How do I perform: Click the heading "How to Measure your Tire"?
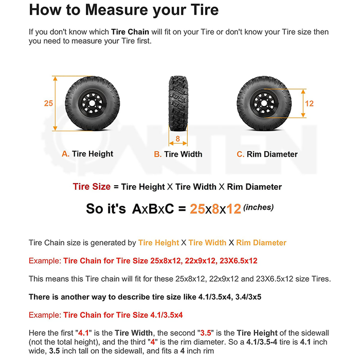tap(123, 10)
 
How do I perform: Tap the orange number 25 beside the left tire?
tap(48, 103)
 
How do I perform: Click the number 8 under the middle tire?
tap(177, 138)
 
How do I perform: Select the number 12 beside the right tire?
tap(309, 103)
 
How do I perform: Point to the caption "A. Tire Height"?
tap(87, 154)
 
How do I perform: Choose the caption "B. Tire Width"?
tap(178, 154)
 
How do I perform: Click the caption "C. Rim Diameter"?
tap(267, 154)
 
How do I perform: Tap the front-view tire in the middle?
tap(177, 103)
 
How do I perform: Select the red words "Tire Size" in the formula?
tap(92, 187)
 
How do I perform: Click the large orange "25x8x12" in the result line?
tap(215, 209)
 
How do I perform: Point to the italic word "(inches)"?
tap(258, 207)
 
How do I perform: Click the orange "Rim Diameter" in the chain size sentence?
tap(261, 242)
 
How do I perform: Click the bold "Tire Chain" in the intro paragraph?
tap(131, 32)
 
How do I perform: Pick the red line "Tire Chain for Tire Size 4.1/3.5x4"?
tap(123, 315)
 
